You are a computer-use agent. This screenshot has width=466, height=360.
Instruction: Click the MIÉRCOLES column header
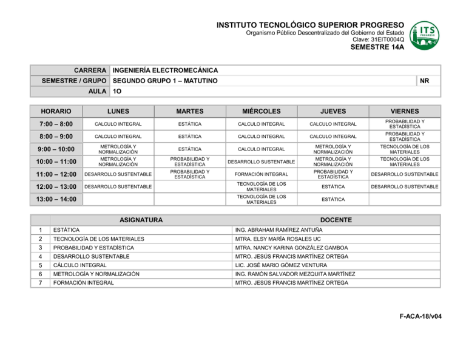(262, 112)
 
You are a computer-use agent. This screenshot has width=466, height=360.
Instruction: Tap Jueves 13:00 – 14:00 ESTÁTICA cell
(334, 199)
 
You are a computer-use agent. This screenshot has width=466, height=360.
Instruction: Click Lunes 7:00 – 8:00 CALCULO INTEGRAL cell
(118, 124)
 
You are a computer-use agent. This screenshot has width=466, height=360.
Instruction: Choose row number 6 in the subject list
(39, 274)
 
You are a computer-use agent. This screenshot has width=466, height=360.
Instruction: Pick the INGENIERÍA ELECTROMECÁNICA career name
(166, 70)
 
